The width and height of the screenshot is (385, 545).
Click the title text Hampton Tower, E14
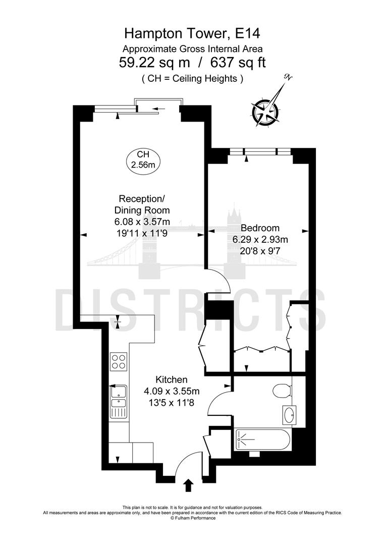[192, 34]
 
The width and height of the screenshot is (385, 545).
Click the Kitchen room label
[172, 379]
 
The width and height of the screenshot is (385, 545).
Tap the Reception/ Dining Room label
[142, 204]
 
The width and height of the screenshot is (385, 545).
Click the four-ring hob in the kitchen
[119, 361]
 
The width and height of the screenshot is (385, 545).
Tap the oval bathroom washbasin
[291, 415]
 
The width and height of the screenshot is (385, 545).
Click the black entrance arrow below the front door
[189, 485]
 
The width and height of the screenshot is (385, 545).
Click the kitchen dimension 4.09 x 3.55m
[172, 391]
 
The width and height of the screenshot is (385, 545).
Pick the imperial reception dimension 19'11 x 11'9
[142, 233]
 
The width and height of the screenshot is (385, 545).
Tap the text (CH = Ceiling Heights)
[192, 78]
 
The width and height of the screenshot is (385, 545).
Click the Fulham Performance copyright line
[192, 518]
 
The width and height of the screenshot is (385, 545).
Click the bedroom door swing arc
[225, 285]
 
